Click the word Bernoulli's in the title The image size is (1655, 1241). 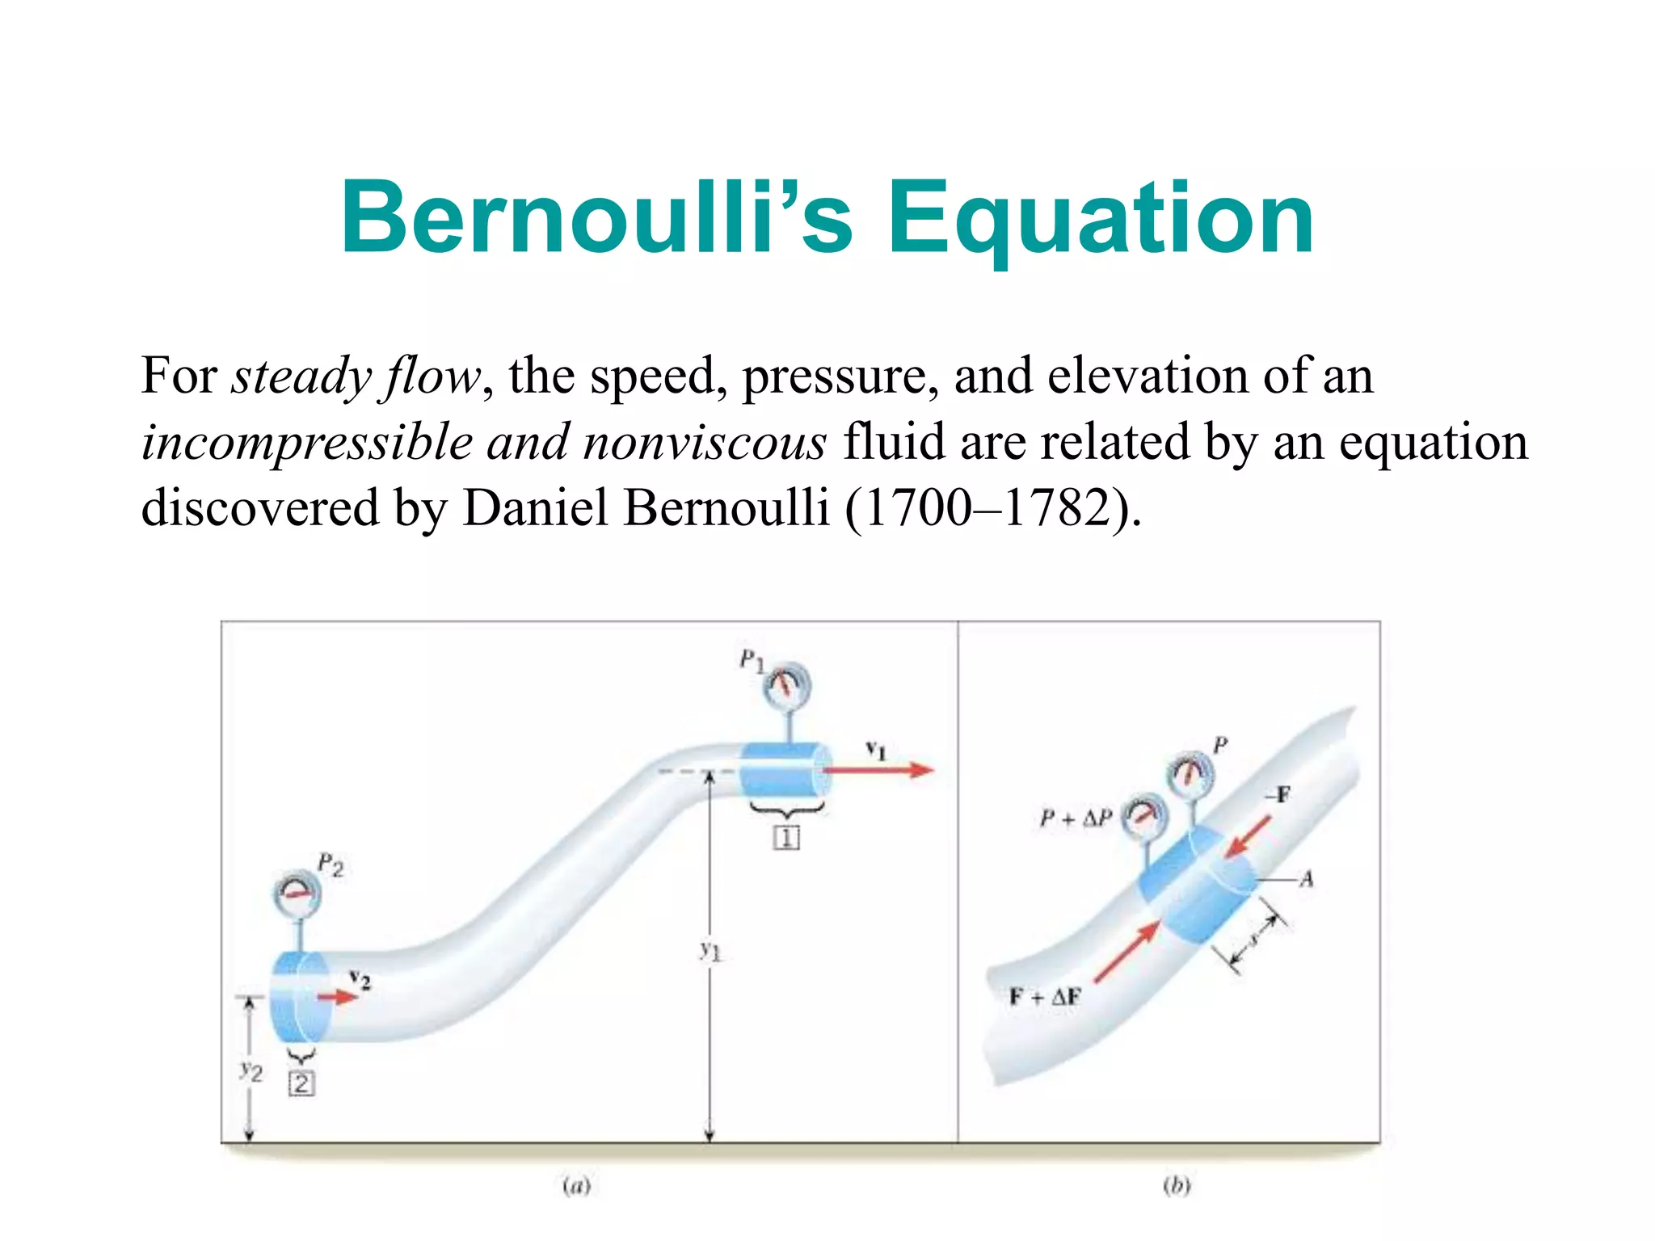[x=596, y=218]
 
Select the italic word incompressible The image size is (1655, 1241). [x=307, y=443]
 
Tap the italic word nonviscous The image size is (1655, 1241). [x=705, y=443]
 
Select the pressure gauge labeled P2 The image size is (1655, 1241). [x=297, y=894]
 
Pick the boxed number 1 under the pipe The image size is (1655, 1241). [x=786, y=838]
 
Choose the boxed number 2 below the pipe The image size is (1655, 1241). [x=301, y=1083]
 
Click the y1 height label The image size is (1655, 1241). [x=710, y=951]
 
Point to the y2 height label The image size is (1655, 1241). [x=251, y=1072]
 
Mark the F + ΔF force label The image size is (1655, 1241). [x=1044, y=996]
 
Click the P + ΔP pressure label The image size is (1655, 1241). [x=1076, y=818]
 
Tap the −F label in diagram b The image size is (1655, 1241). [x=1277, y=796]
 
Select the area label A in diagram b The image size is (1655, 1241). [x=1306, y=878]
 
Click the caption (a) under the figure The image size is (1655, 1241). [x=576, y=1185]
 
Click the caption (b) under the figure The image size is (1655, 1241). [x=1177, y=1185]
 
